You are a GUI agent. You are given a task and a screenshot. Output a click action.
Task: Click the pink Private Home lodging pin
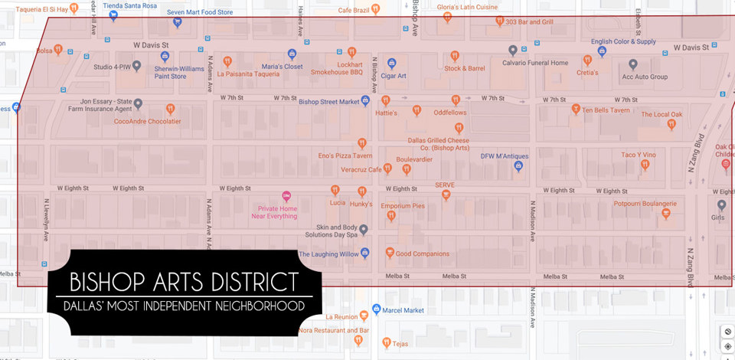[x=286, y=196]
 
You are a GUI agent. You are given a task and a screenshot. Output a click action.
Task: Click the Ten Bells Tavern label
[x=606, y=110]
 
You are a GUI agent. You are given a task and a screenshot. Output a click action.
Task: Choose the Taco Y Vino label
[x=639, y=154]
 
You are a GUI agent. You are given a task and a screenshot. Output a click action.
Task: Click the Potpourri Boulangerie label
[x=645, y=203]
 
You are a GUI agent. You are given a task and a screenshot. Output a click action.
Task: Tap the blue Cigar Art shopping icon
[x=391, y=63]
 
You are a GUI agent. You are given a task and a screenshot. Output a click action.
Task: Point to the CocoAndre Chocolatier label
[x=147, y=121]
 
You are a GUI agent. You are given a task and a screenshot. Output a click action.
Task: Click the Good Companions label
[x=422, y=254]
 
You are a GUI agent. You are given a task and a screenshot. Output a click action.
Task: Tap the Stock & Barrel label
[x=464, y=68]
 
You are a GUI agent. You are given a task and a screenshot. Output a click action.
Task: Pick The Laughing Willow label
[x=329, y=254]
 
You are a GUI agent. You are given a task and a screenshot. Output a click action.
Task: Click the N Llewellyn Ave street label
[x=46, y=221]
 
